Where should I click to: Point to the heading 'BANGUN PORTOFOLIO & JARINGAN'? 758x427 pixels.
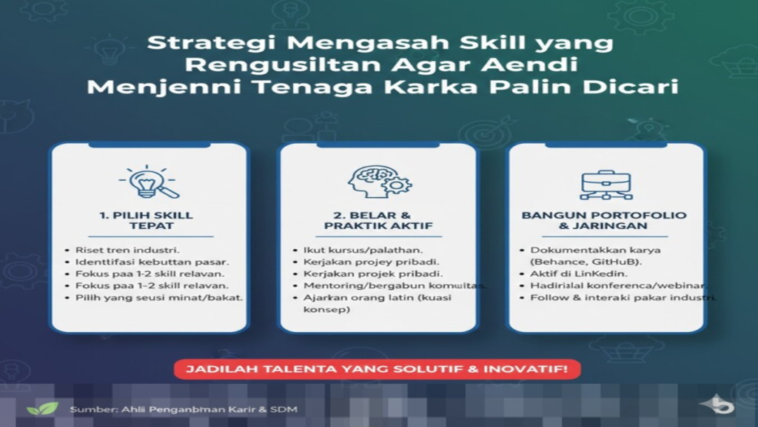point(604,220)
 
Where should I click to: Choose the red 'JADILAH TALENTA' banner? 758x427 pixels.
point(378,369)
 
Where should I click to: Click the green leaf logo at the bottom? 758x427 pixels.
point(41,408)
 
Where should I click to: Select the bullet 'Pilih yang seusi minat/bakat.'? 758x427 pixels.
point(158,297)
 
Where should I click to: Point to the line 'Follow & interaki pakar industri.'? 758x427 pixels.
point(623,297)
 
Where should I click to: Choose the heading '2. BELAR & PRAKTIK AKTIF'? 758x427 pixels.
point(378,220)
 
